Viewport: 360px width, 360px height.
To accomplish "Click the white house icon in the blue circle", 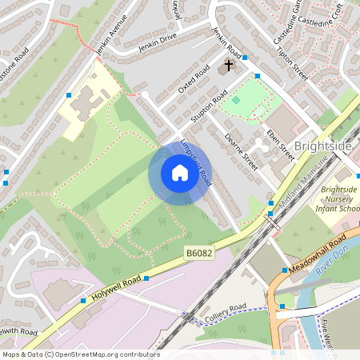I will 180,173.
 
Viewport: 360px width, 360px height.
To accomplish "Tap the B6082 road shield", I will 200,253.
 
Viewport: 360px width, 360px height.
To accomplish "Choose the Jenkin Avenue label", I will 111,30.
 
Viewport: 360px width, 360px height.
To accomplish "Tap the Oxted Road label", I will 193,79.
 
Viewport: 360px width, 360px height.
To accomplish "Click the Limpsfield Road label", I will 196,161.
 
